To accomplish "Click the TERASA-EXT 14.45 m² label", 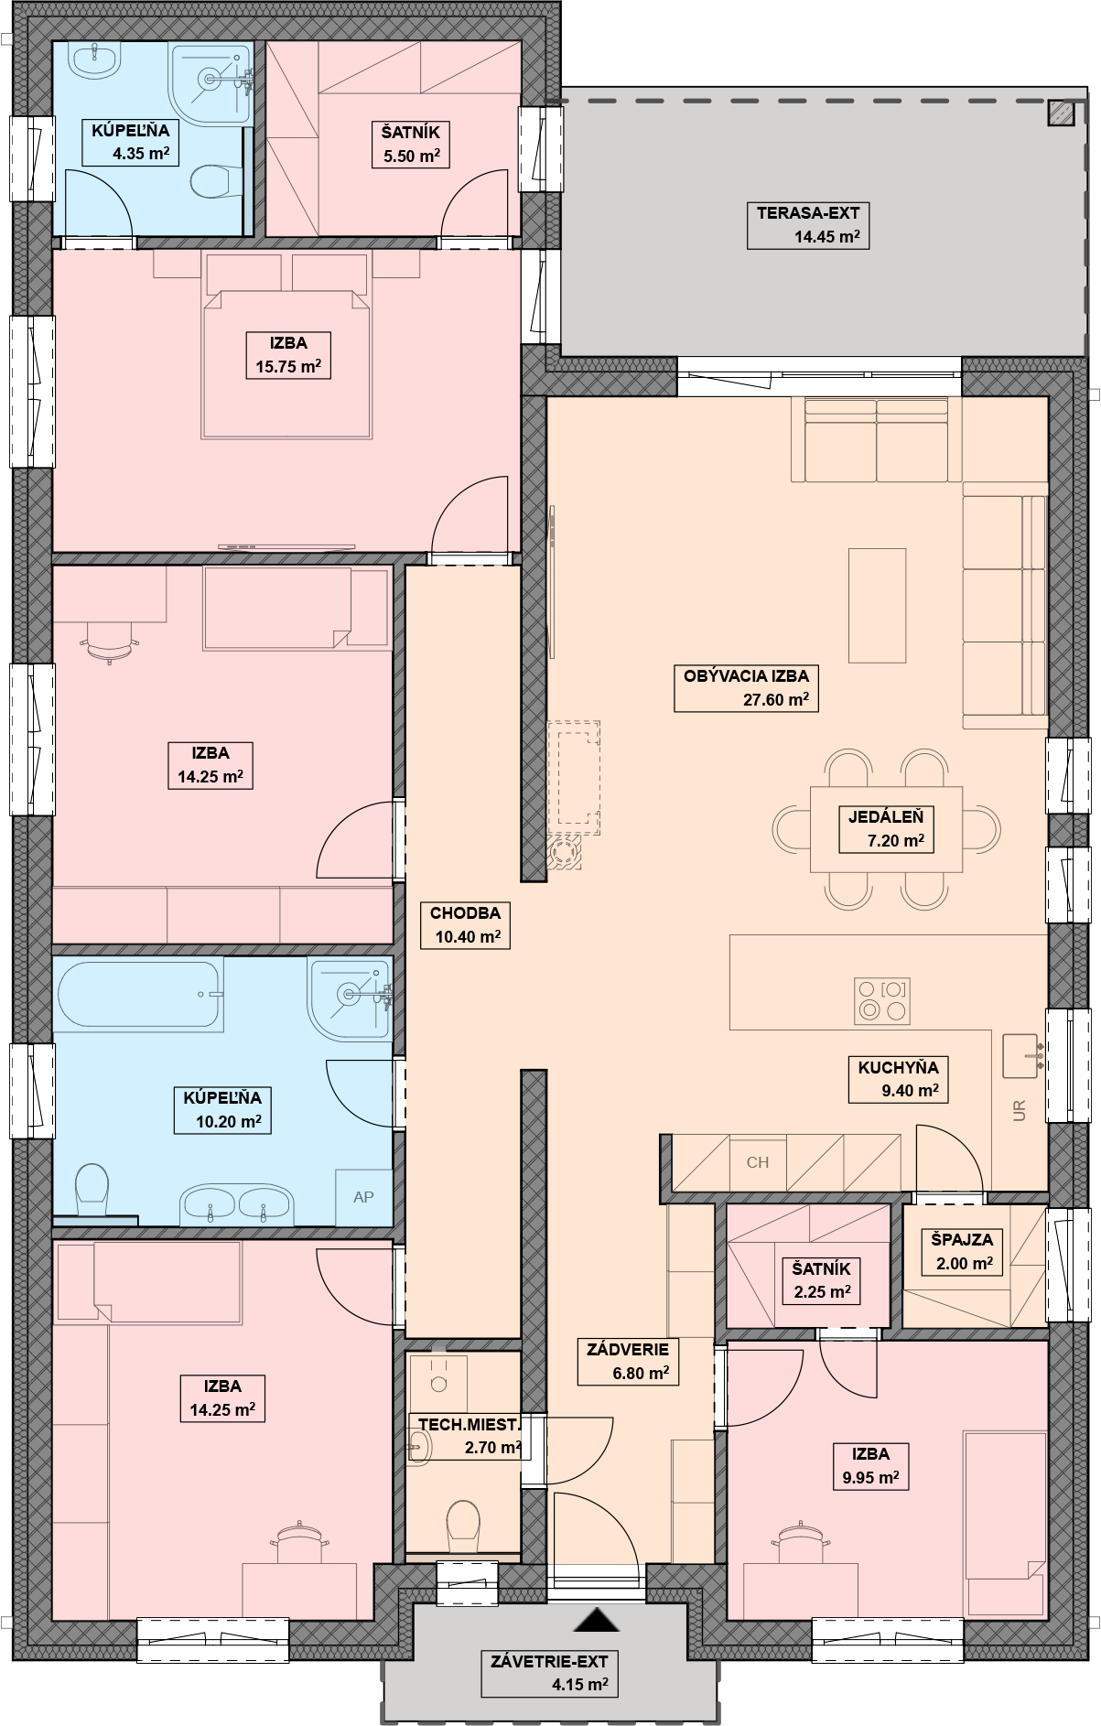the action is [x=807, y=226].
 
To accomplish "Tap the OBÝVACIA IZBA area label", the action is [x=746, y=689].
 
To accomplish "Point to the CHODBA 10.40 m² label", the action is [x=465, y=925].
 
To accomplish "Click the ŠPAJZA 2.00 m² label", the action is [x=961, y=1252].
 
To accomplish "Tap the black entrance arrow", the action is [x=597, y=1621].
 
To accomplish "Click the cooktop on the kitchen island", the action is [x=882, y=1000].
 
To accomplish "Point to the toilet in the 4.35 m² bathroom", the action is [x=213, y=181].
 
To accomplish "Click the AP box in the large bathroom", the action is [x=363, y=1196].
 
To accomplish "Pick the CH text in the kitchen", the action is [x=758, y=1162].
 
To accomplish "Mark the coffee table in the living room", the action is [x=877, y=605].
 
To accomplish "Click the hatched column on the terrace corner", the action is [x=1062, y=113].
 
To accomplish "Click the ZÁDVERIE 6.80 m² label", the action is [x=628, y=1361].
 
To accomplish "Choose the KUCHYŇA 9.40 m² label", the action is [x=898, y=1079].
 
